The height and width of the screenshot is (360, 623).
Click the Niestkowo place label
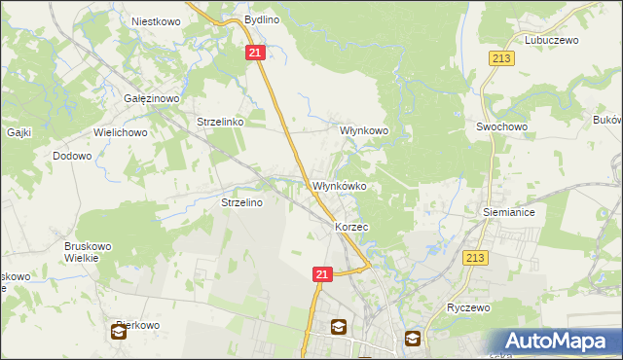(x=152, y=19)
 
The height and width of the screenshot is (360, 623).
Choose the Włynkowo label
(x=363, y=129)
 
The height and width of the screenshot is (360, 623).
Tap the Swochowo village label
(x=501, y=126)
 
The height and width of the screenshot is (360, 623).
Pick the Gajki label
(x=20, y=131)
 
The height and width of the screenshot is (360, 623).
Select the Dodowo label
(x=72, y=156)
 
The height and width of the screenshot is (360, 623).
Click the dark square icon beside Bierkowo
(x=118, y=333)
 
